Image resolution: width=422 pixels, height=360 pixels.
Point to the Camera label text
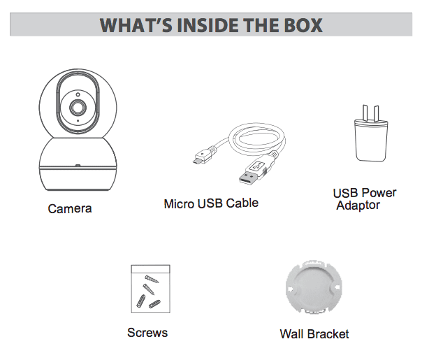(x=70, y=208)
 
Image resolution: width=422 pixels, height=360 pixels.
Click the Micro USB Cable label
(x=211, y=204)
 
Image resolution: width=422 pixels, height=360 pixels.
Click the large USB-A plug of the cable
(x=252, y=172)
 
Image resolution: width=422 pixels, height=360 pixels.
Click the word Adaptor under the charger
(x=358, y=206)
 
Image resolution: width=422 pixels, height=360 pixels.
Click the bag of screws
(x=150, y=289)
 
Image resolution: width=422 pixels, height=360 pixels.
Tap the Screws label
(x=147, y=333)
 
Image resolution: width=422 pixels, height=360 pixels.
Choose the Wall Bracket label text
(x=314, y=334)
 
